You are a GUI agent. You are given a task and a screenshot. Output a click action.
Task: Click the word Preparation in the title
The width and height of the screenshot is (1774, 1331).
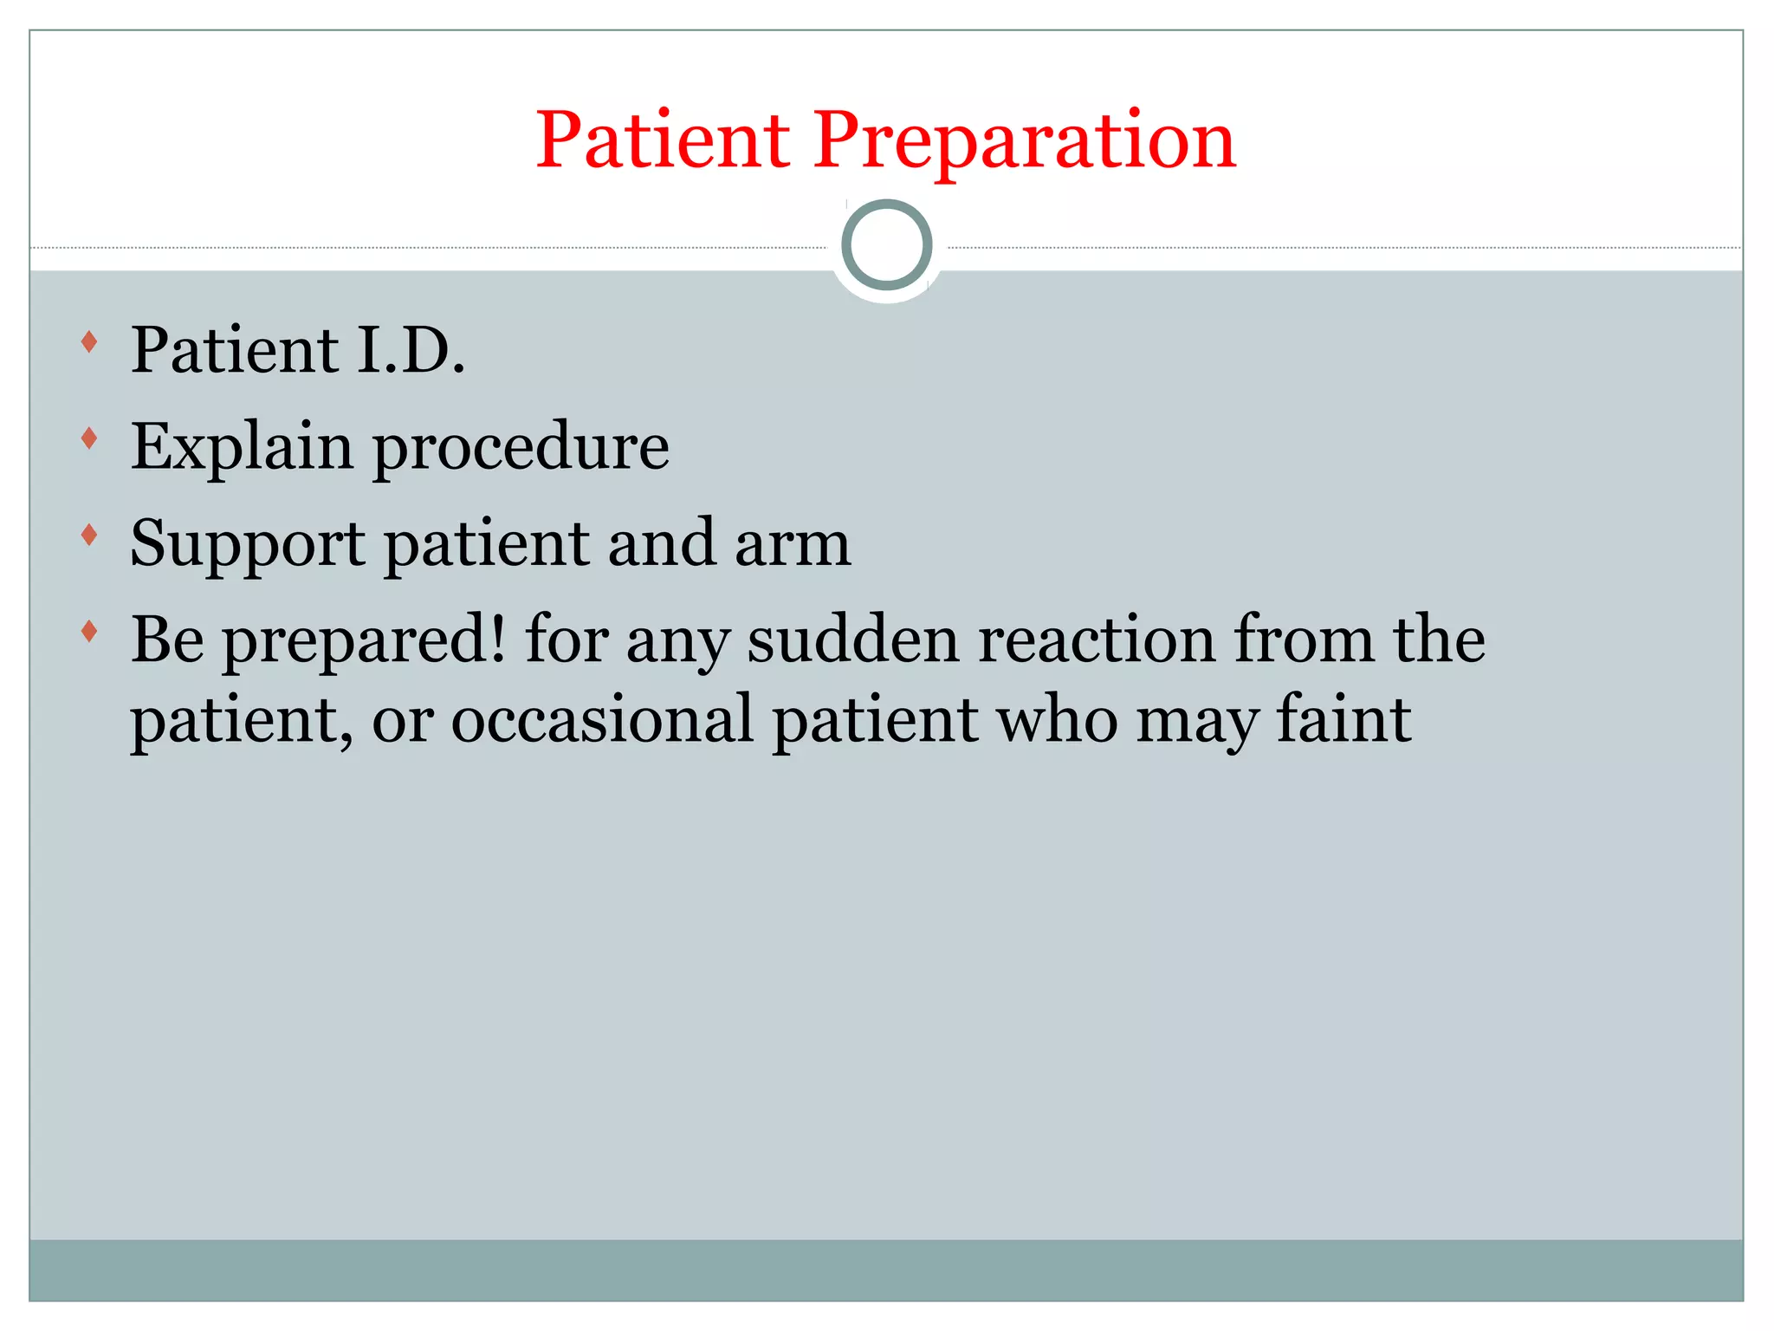pos(1024,140)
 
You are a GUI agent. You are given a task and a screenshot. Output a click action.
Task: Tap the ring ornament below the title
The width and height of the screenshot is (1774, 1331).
pos(886,244)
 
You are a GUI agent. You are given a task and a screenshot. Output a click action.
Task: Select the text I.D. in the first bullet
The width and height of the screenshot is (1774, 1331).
pos(411,350)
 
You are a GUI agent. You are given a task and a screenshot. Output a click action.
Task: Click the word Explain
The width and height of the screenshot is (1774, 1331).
pos(242,447)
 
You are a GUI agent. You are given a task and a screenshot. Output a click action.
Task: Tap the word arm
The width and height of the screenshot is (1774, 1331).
pos(793,544)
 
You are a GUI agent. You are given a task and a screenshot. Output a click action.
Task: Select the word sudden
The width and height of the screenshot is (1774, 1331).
pos(853,640)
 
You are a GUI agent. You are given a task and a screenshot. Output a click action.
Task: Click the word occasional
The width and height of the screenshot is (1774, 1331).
pos(602,719)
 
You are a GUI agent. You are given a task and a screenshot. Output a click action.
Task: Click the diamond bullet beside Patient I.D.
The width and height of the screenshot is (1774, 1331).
pos(88,341)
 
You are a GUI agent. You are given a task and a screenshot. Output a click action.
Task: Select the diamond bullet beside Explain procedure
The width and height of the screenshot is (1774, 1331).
pos(88,438)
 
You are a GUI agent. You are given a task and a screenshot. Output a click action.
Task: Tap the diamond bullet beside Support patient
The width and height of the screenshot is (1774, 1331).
pos(88,536)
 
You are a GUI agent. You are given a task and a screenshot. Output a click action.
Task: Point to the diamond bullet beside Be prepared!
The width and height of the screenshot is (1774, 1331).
pos(88,632)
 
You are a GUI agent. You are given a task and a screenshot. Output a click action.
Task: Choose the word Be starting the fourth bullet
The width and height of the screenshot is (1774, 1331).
pos(167,640)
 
